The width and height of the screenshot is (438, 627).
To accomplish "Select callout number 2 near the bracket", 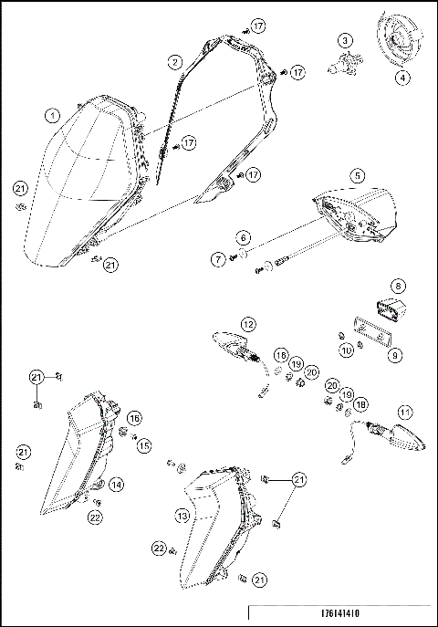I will point(174,61).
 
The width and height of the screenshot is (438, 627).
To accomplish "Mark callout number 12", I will point(248,323).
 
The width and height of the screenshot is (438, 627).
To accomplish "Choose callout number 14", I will point(117,485).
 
